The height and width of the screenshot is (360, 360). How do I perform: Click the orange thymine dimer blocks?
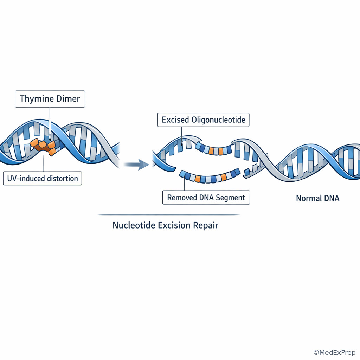tap(43, 146)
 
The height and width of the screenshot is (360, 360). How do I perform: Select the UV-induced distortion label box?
tap(43, 178)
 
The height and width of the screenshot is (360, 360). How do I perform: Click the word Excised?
tap(175, 120)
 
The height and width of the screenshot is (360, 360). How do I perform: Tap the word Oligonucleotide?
tap(218, 120)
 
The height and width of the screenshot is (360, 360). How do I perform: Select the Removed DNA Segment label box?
tap(206, 198)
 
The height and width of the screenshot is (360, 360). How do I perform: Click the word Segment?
tap(231, 198)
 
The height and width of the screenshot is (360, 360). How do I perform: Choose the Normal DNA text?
tap(318, 198)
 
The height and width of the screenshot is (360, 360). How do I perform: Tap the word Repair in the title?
tap(205, 225)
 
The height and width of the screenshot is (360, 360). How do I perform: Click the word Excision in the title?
tap(174, 225)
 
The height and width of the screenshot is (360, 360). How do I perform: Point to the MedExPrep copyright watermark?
tap(334, 352)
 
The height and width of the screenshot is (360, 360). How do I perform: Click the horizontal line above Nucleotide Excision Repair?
tap(169, 215)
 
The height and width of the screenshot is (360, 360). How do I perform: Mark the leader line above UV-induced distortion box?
tap(43, 163)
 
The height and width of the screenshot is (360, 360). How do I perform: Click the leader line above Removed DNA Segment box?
tap(184, 184)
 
